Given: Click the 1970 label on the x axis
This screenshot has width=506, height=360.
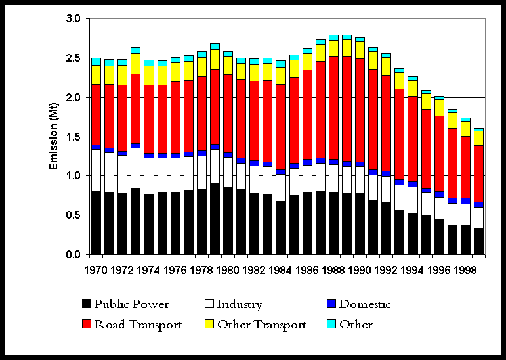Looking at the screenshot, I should pyautogui.click(x=96, y=270).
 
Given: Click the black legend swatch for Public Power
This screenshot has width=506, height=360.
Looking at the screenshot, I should pyautogui.click(x=86, y=304).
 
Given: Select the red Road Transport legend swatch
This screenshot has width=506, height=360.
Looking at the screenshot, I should pyautogui.click(x=86, y=325).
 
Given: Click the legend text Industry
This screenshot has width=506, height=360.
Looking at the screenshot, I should pyautogui.click(x=240, y=304).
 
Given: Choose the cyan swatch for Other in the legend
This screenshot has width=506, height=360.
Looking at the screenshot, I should pyautogui.click(x=331, y=325).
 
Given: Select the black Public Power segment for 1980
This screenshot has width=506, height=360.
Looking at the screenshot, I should pyautogui.click(x=228, y=221).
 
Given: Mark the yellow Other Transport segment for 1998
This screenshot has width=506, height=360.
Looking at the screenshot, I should pyautogui.click(x=465, y=128).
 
